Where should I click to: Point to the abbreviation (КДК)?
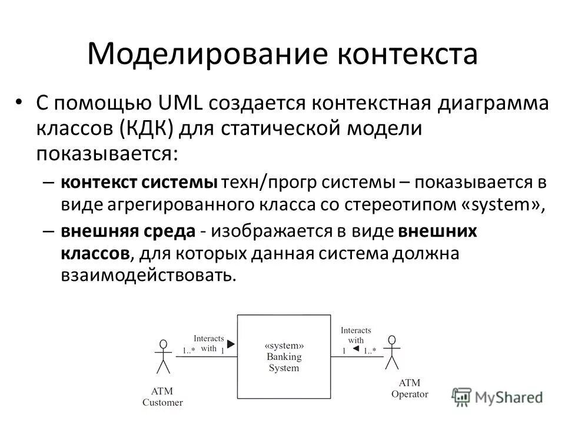(x=146, y=128)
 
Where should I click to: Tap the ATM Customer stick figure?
(x=164, y=357)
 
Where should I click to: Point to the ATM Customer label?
(x=163, y=397)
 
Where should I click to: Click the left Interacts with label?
(x=209, y=343)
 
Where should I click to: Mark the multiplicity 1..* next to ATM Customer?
(x=188, y=351)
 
